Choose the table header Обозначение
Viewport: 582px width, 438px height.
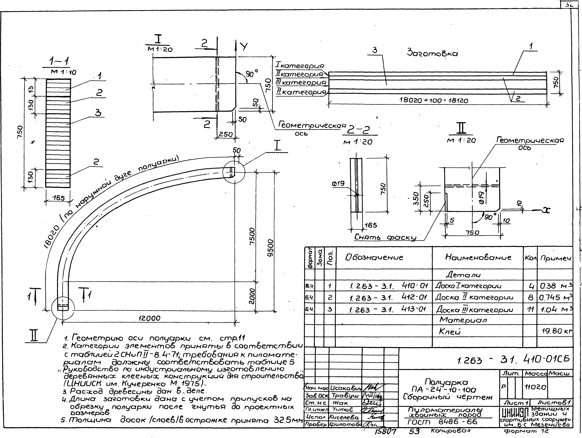click(x=374, y=257)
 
